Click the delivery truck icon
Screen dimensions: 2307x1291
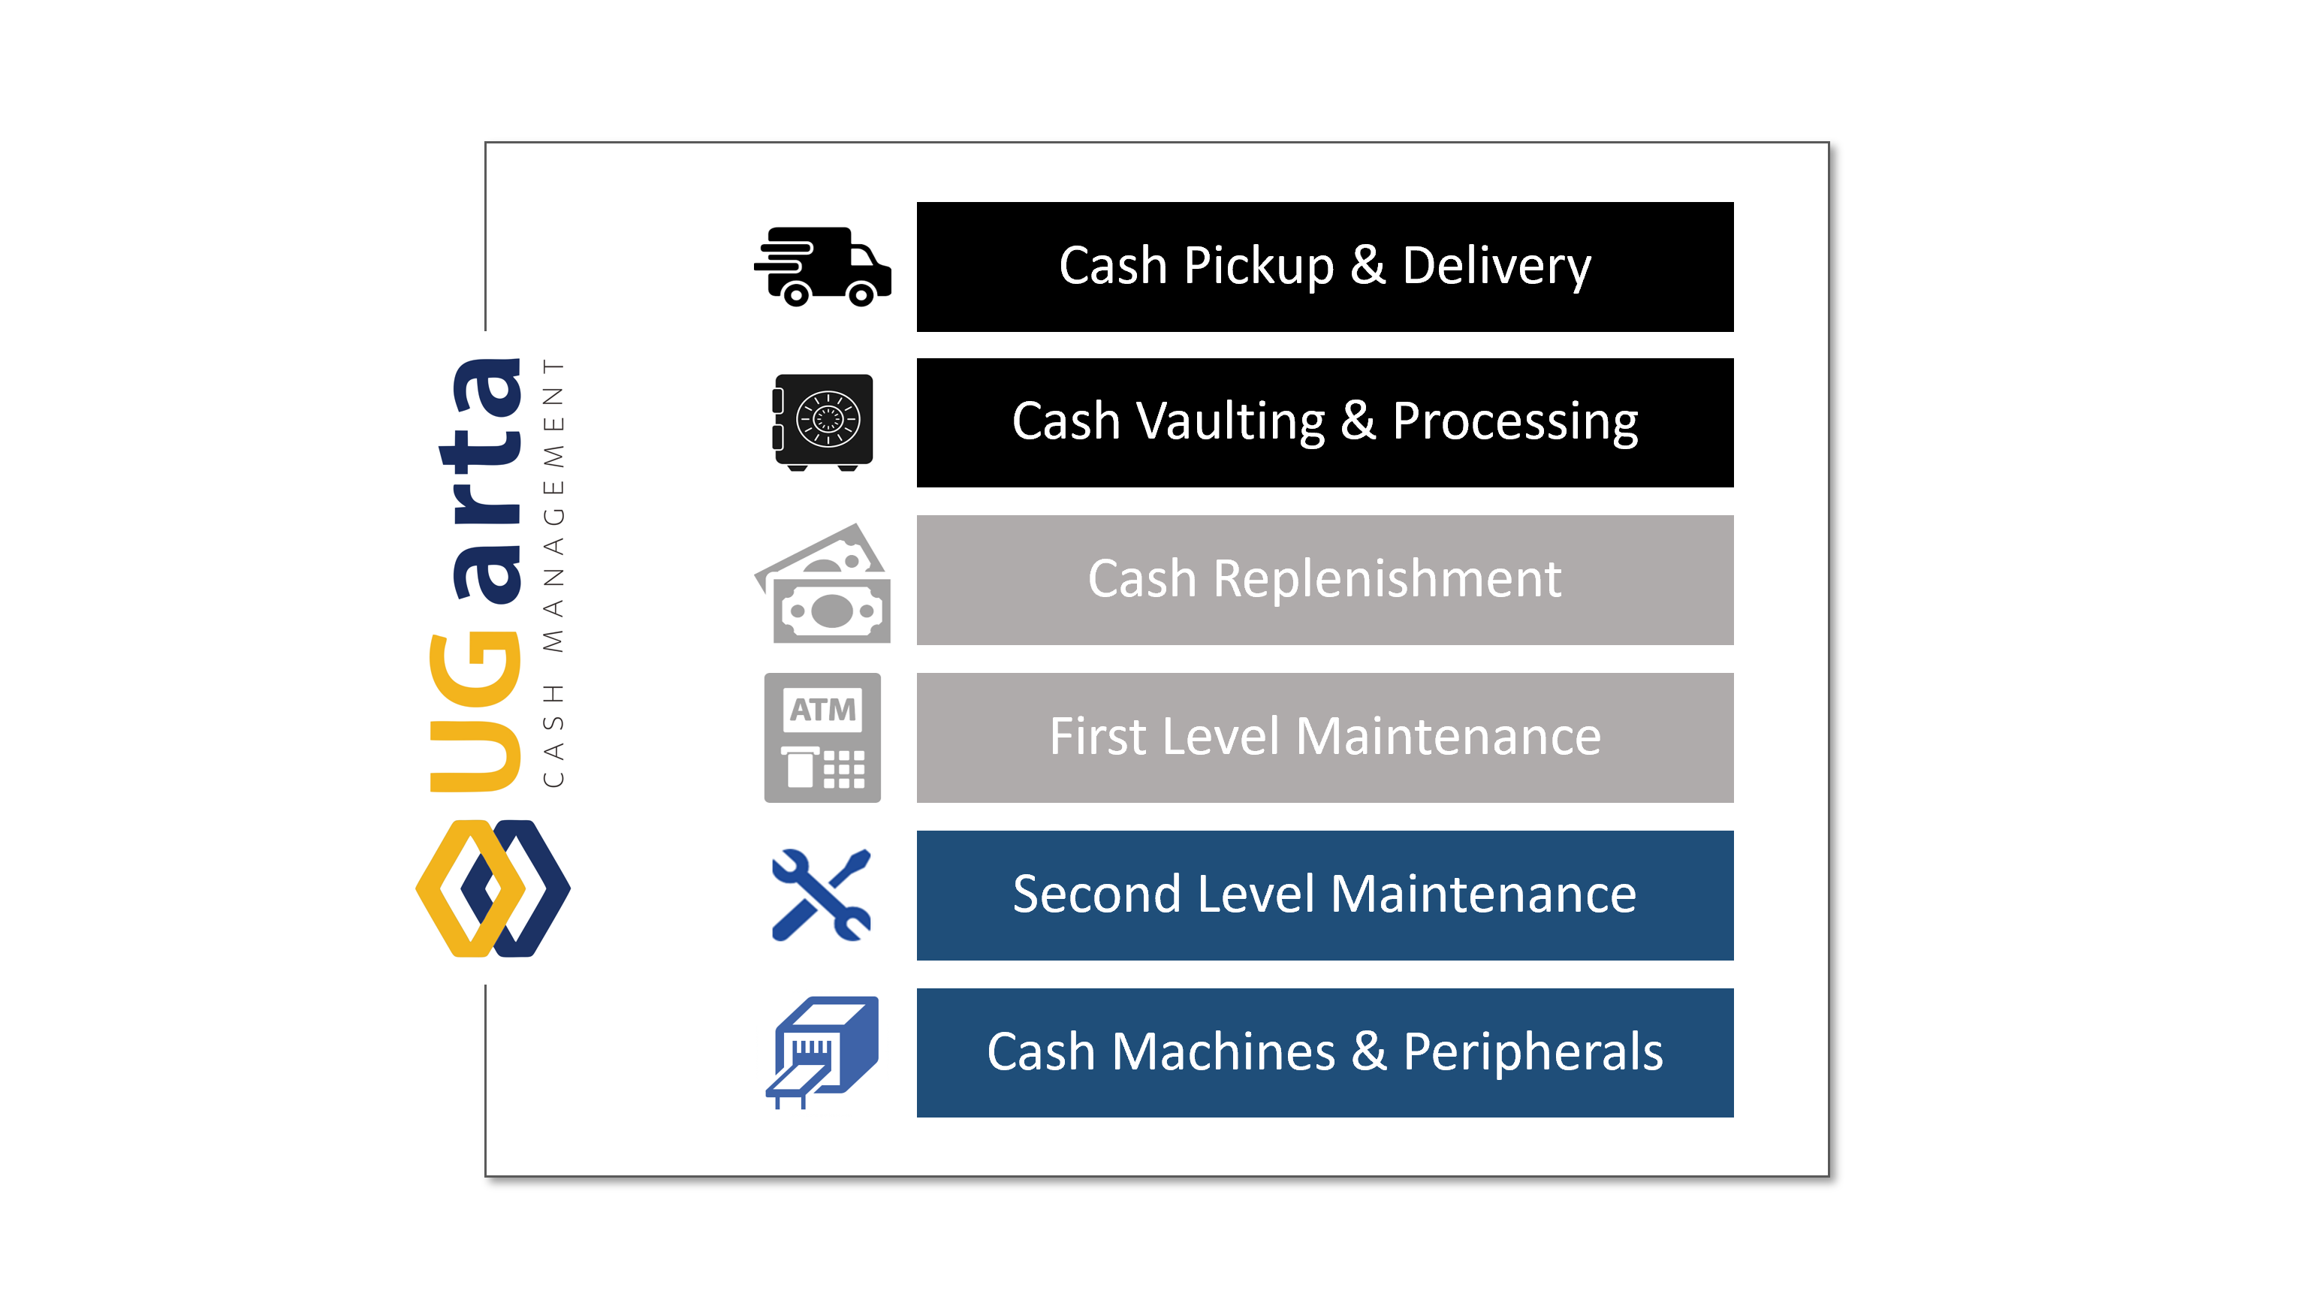coord(822,266)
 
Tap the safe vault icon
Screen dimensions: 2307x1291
coord(822,422)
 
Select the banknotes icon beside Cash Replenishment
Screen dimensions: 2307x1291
coord(822,584)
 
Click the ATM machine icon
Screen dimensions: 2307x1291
coord(822,737)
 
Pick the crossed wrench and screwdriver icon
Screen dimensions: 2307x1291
coord(820,894)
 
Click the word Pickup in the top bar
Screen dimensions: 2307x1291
coord(1259,267)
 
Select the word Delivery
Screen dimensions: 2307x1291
coord(1497,267)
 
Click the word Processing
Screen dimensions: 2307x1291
coord(1515,422)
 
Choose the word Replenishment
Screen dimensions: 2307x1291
coord(1387,579)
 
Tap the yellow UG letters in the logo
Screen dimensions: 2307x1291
coord(475,712)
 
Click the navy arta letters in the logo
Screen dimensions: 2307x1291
coord(483,479)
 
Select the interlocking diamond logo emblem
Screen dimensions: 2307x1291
coord(493,888)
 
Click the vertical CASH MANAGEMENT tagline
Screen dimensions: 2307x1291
coord(554,572)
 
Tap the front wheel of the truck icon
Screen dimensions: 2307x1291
coord(861,294)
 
